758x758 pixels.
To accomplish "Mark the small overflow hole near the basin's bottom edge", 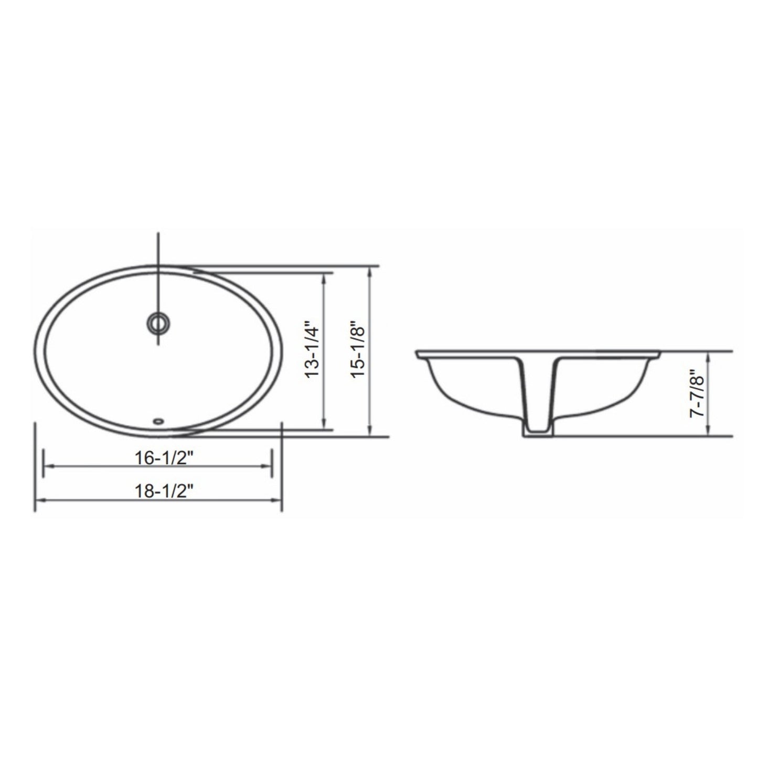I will [158, 420].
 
